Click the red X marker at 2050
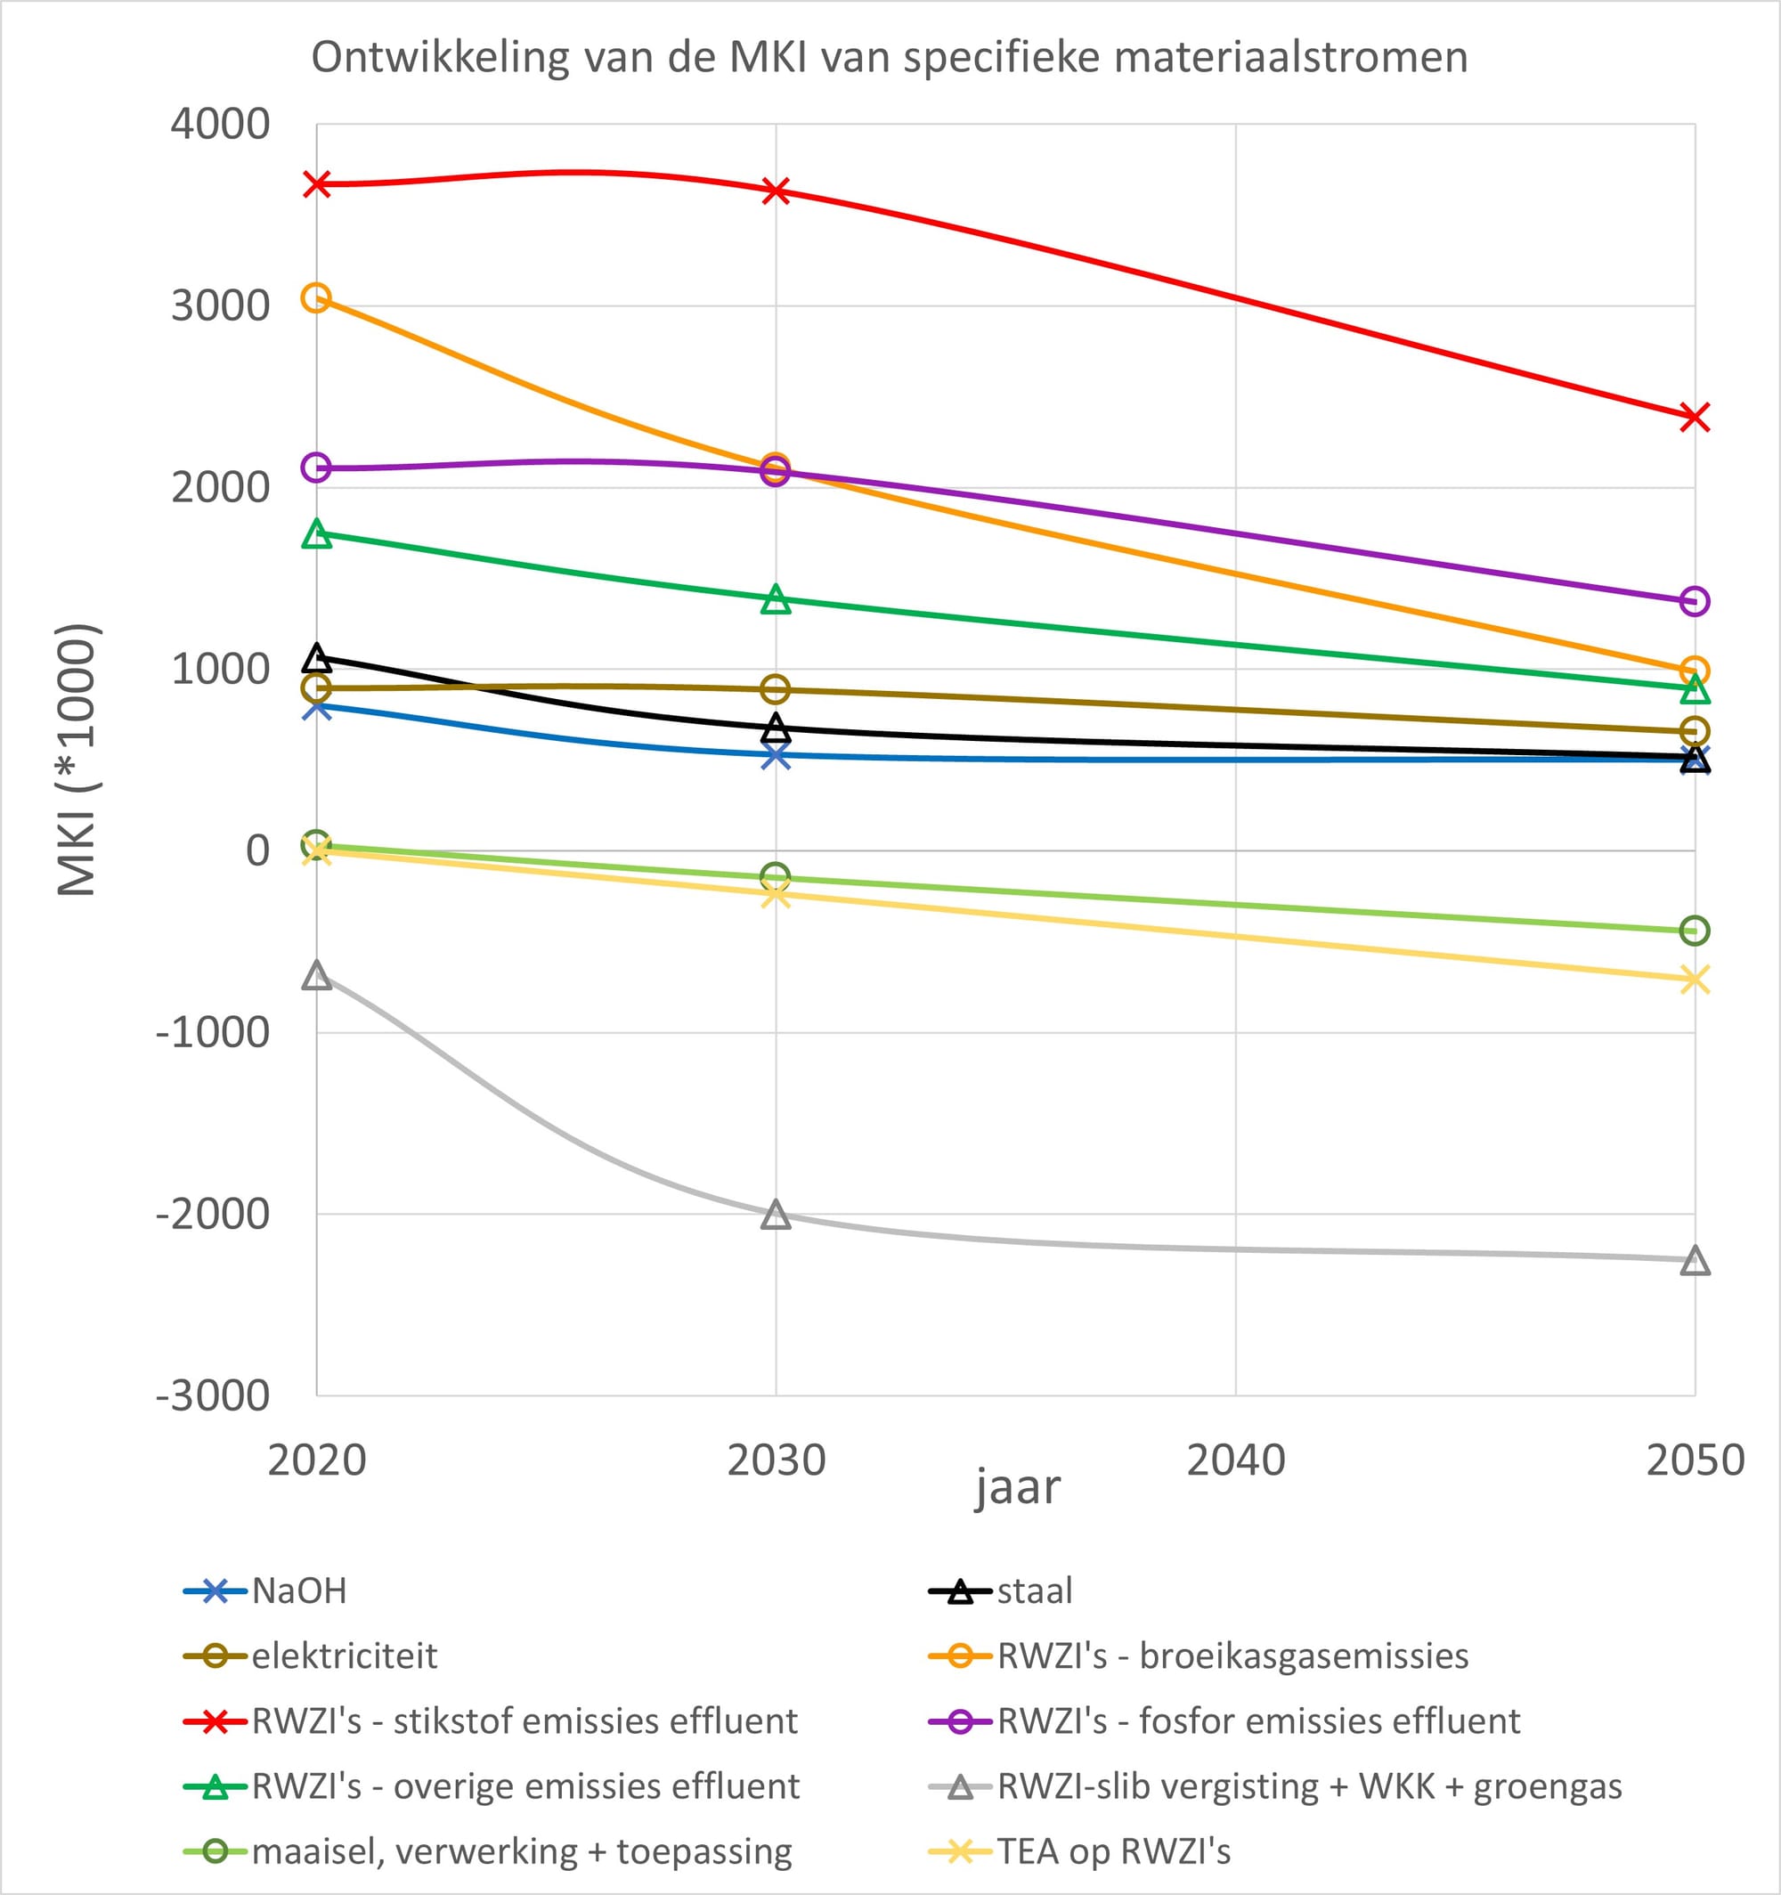point(1695,417)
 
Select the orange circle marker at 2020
point(315,297)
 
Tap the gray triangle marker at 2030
point(777,1216)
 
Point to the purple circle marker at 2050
point(1695,601)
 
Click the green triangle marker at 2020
point(316,533)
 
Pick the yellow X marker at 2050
point(1695,979)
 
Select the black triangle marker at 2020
point(316,657)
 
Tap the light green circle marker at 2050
point(1695,931)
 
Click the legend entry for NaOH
point(265,1591)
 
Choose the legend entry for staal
point(1001,1591)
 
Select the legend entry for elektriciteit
point(311,1655)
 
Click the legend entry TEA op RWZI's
point(1080,1851)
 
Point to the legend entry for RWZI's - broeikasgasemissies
point(1199,1655)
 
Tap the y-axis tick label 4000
point(220,124)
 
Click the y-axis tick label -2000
point(213,1215)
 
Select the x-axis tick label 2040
point(1236,1460)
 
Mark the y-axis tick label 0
point(258,850)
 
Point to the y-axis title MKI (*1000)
point(77,760)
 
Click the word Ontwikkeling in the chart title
point(441,57)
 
